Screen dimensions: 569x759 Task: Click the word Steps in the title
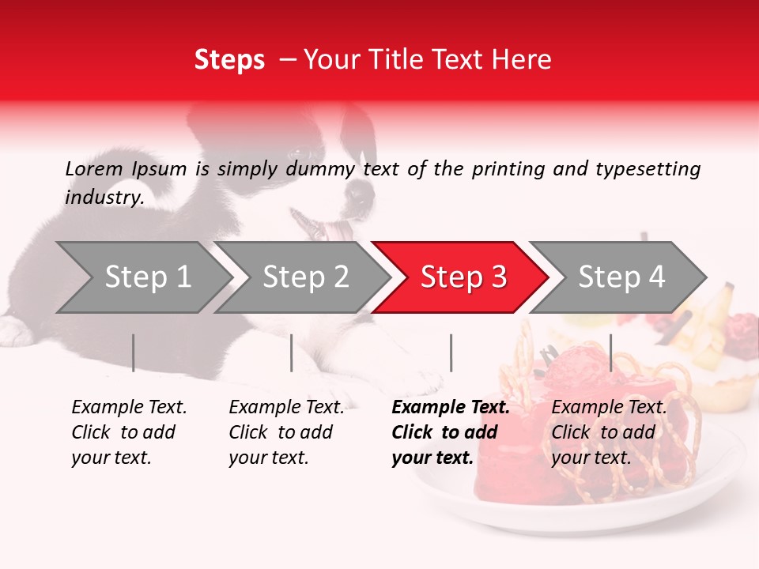coord(229,60)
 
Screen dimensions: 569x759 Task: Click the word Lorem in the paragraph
coord(94,169)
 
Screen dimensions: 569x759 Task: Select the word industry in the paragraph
coord(104,198)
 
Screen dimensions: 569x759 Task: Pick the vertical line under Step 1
coord(134,352)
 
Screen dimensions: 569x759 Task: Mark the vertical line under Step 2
coord(292,352)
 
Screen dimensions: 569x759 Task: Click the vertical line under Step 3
coord(451,352)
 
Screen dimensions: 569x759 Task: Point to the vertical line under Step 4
coord(610,352)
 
